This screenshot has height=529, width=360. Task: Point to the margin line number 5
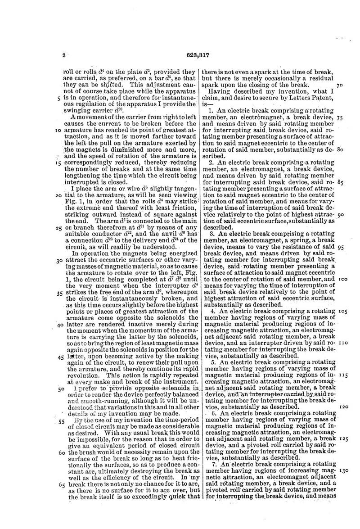click(x=54, y=97)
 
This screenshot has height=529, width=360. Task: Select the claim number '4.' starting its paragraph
click(x=212, y=311)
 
